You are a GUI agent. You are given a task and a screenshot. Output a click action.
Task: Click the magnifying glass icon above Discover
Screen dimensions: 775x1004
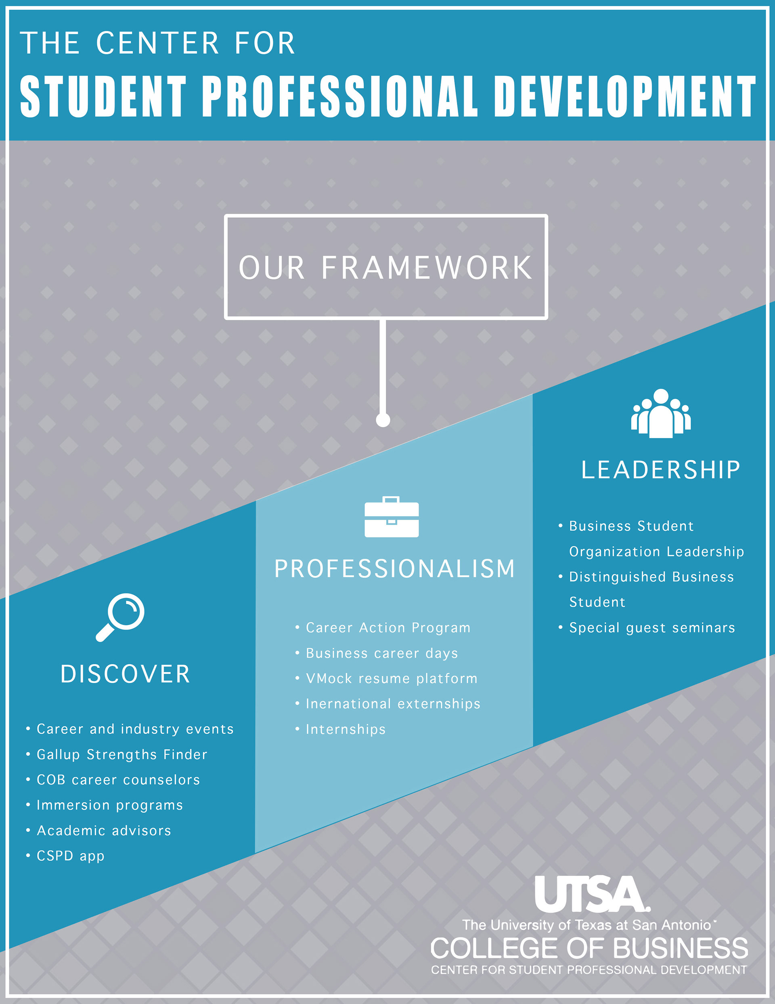[x=120, y=617]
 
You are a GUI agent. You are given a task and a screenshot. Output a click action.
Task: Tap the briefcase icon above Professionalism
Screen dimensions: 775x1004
[x=392, y=517]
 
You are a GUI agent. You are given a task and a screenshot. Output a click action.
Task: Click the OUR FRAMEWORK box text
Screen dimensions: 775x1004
[x=385, y=267]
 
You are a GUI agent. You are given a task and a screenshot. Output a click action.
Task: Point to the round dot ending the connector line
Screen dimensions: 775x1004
[x=383, y=420]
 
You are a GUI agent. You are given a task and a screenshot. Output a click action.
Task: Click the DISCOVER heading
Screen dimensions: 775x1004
[x=126, y=674]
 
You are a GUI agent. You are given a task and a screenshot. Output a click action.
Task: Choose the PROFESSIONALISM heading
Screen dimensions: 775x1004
[x=395, y=568]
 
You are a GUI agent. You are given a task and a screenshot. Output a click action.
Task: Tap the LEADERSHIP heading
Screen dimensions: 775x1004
[x=661, y=470]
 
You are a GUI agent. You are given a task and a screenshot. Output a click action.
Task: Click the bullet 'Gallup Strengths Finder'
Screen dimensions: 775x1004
[x=122, y=754]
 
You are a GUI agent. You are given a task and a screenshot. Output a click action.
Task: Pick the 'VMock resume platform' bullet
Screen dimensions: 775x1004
[x=392, y=678]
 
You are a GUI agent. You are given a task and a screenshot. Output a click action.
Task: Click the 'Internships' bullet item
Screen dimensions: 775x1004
[x=346, y=729]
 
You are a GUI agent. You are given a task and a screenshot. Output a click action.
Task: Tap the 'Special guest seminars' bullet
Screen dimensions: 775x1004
[x=652, y=627]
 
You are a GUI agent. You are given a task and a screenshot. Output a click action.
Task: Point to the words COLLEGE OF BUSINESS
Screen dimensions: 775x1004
[x=589, y=948]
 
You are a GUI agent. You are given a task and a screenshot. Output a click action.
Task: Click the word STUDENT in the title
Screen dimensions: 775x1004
[x=103, y=96]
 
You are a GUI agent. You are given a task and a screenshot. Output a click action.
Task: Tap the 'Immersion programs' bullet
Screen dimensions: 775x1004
[x=110, y=805]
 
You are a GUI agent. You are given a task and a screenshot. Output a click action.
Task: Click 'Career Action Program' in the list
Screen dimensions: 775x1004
[x=388, y=627]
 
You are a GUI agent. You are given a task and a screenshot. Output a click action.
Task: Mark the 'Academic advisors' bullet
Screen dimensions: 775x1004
[x=104, y=830]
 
